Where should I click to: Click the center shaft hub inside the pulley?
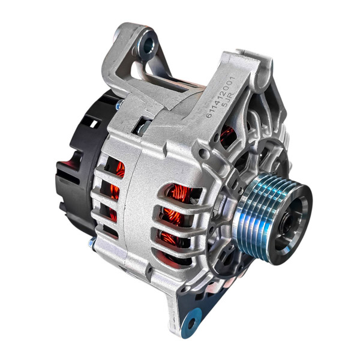(287, 223)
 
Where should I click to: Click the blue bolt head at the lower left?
(92, 242)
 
